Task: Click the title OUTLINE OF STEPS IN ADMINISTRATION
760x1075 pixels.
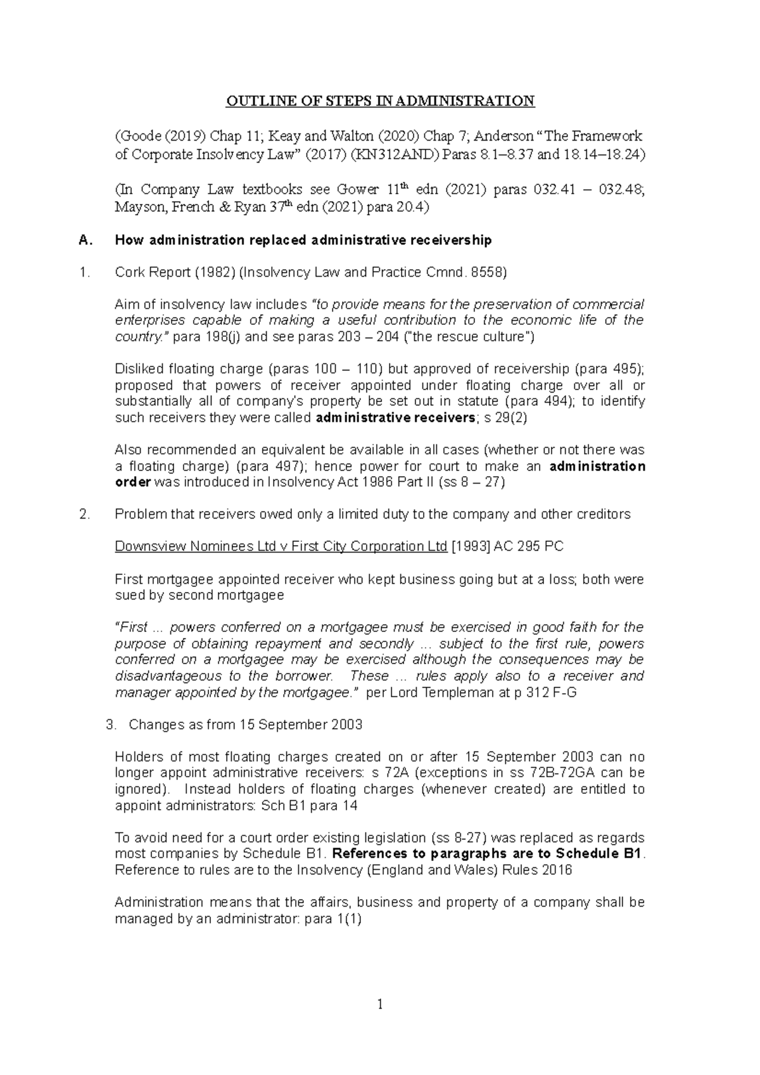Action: pos(380,101)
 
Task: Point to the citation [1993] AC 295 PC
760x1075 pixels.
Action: pos(507,546)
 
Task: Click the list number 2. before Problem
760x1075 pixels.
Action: pos(85,514)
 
